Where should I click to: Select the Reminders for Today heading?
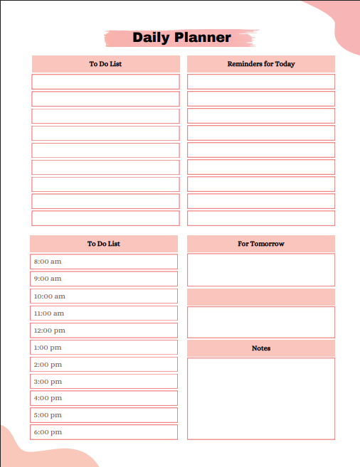point(260,64)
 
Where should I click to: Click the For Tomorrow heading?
point(260,244)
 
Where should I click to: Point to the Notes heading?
point(260,348)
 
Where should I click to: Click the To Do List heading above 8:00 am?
point(104,244)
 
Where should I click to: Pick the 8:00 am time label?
point(48,262)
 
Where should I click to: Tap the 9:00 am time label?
point(48,279)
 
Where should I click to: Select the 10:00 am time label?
point(49,296)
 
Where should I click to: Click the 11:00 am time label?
point(49,313)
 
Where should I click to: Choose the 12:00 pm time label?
point(49,331)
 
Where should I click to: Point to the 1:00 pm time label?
point(48,348)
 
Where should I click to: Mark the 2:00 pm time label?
point(48,365)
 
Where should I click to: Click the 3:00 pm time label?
point(48,382)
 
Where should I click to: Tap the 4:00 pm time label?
point(48,398)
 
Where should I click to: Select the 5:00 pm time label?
point(48,415)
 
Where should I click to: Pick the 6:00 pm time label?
point(48,432)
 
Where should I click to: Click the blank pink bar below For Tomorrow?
point(260,297)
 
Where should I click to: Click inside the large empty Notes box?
point(260,398)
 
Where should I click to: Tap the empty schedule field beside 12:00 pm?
point(121,331)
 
